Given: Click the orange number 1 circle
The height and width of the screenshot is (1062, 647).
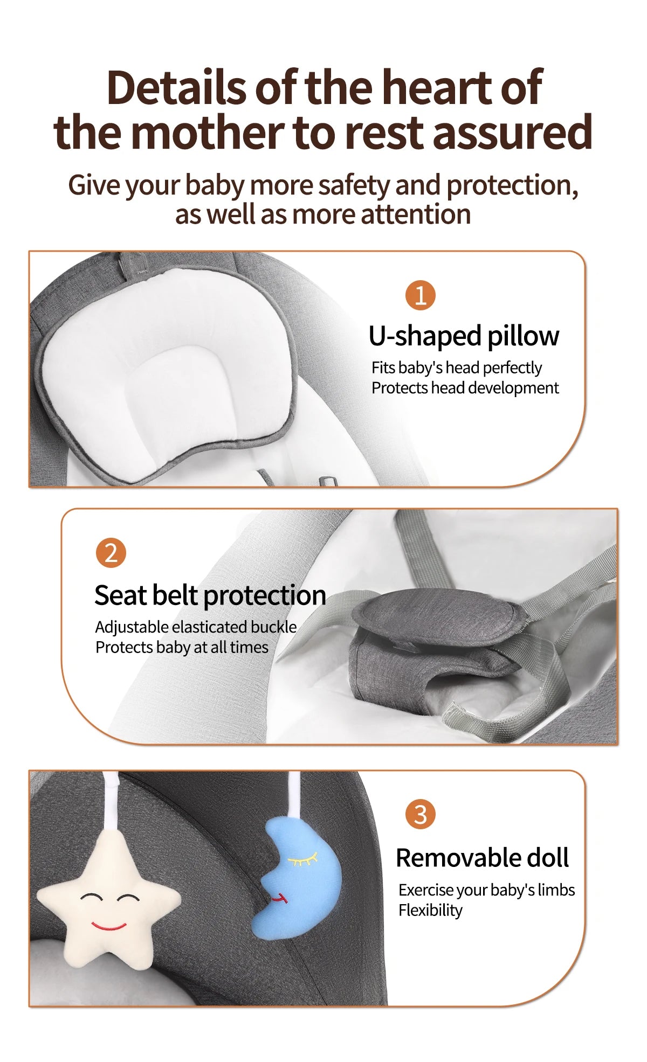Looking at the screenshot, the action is click(x=420, y=295).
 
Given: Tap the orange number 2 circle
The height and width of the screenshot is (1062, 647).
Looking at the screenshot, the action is click(x=111, y=553).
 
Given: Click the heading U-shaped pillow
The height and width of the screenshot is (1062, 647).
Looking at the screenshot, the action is click(x=464, y=336).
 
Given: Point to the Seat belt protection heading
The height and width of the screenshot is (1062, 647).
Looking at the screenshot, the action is click(x=210, y=595).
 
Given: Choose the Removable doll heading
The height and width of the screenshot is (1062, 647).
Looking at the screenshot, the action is click(x=483, y=858).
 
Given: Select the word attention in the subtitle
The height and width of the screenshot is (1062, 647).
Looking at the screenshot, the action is click(x=416, y=214).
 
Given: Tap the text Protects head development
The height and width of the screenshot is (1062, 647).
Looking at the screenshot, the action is click(x=465, y=388).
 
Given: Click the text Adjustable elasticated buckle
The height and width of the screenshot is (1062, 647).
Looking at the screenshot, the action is click(x=196, y=627).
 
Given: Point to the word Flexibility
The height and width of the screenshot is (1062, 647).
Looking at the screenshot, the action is click(x=430, y=910).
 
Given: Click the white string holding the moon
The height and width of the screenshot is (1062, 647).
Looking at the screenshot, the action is click(x=294, y=795).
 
